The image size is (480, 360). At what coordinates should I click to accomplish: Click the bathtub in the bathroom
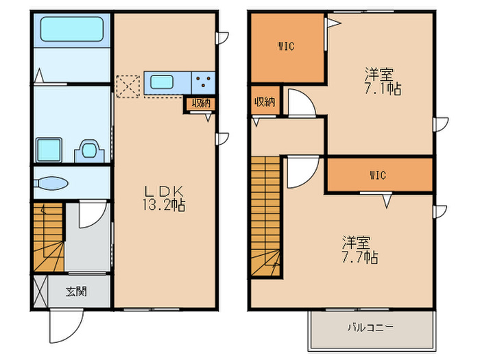point(71,29)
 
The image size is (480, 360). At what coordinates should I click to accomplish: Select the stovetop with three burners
point(202,82)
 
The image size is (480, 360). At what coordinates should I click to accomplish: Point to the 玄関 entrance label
point(75,291)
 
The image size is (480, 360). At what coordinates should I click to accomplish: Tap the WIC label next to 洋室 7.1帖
point(286,47)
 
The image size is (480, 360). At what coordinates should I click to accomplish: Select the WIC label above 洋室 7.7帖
point(378,175)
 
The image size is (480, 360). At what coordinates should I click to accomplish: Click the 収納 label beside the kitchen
point(200,104)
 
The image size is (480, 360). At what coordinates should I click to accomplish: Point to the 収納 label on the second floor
point(265,102)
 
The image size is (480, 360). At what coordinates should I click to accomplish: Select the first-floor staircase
point(47,237)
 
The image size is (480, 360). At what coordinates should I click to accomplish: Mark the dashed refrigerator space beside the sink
point(128,86)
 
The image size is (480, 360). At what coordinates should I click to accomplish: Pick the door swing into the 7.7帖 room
point(302,171)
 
